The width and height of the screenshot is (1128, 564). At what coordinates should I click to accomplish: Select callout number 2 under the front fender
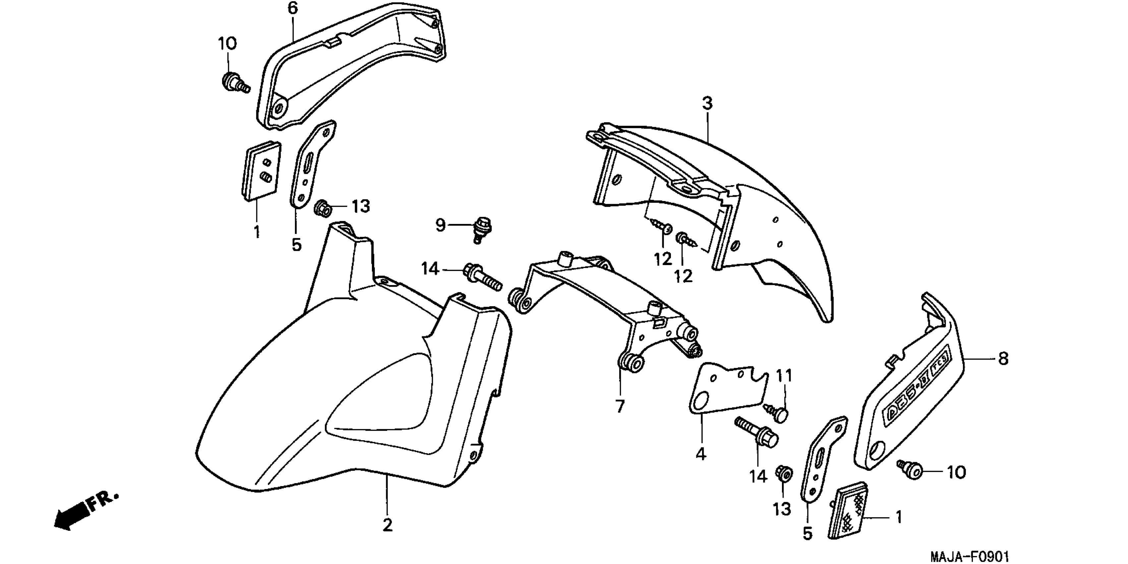pyautogui.click(x=387, y=525)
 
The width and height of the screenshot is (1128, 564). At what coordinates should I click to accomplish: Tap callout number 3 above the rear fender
pyautogui.click(x=707, y=104)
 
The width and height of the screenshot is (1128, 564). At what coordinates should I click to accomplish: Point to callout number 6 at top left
pyautogui.click(x=292, y=8)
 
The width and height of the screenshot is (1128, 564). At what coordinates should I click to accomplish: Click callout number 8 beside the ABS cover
pyautogui.click(x=1003, y=359)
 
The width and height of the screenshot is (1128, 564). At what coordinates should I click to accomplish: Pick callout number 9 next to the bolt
pyautogui.click(x=440, y=225)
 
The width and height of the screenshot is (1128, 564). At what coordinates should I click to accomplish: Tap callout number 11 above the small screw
pyautogui.click(x=784, y=376)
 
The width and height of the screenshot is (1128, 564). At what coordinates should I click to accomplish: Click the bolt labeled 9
pyautogui.click(x=482, y=230)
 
